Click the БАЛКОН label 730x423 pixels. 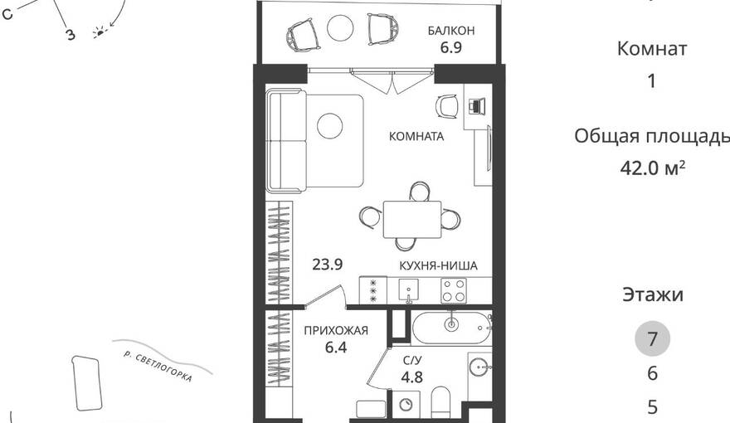point(451,31)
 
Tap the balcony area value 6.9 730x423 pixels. point(451,47)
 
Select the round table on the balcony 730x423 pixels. point(340,28)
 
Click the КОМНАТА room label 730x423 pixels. point(416,136)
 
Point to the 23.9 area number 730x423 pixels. point(328,265)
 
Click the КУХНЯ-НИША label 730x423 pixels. point(438,265)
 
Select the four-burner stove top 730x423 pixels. point(454,290)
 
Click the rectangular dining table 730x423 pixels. point(412,219)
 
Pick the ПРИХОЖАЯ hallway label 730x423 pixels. point(336,331)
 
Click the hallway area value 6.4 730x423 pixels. point(336,348)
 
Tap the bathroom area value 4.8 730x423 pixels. point(412,377)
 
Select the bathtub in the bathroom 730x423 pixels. point(451,328)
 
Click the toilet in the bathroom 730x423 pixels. point(440,403)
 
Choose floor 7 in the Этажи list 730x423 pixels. point(652,338)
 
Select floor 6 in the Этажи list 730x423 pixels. point(652,373)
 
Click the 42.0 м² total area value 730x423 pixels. point(652,167)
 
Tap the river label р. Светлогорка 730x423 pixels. point(158,367)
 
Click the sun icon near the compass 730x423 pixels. point(100,32)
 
